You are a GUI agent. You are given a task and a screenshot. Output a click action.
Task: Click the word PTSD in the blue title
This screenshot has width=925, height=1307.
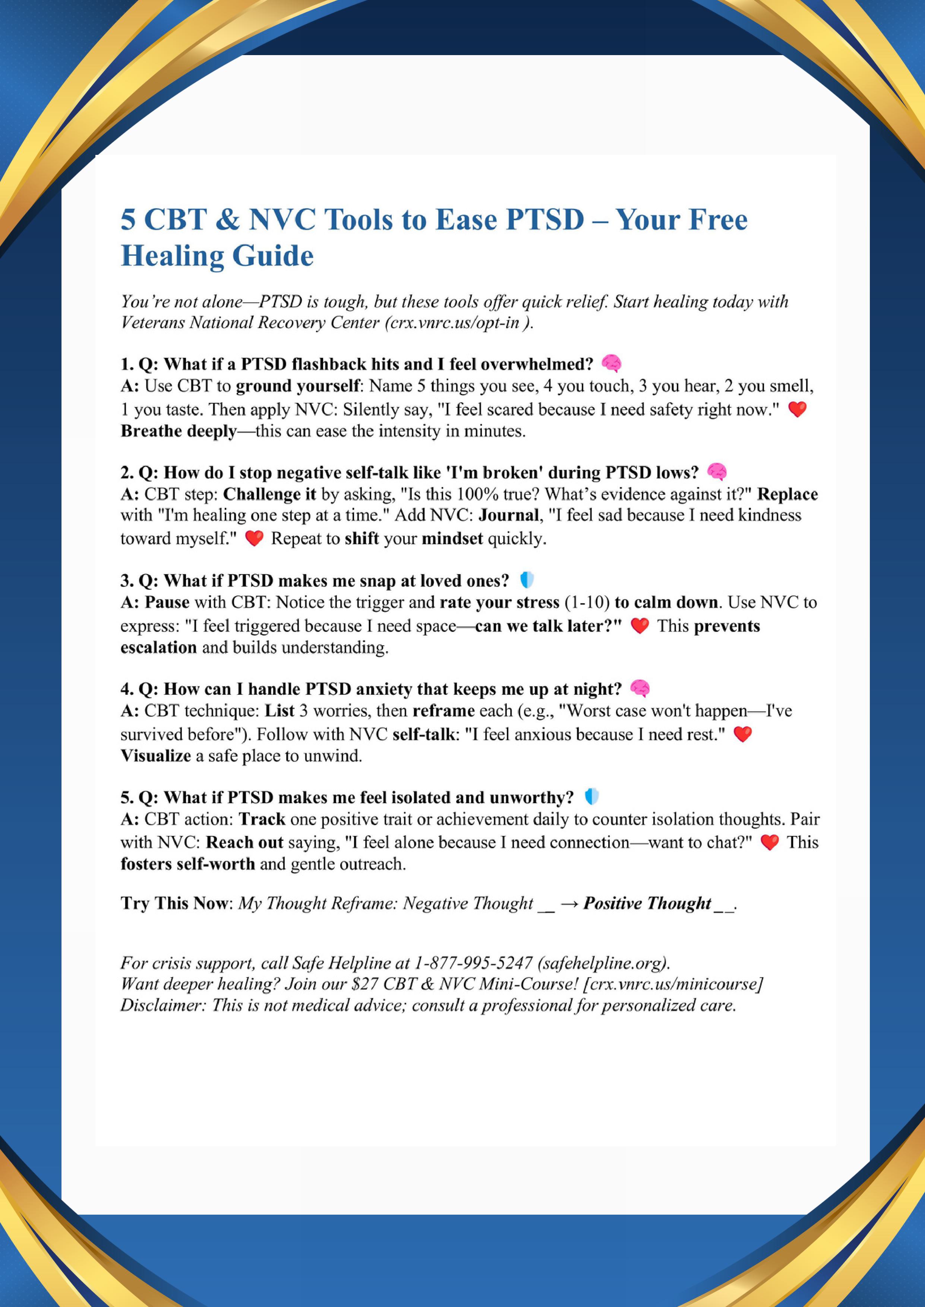coord(544,220)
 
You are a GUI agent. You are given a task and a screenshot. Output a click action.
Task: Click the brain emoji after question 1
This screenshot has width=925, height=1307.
coord(611,363)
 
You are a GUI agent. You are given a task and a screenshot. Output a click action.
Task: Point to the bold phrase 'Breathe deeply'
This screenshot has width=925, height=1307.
coord(178,431)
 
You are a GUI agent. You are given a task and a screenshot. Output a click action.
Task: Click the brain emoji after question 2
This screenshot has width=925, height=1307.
coord(717,472)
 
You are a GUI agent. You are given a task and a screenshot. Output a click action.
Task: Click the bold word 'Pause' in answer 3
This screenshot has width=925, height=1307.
coord(167,602)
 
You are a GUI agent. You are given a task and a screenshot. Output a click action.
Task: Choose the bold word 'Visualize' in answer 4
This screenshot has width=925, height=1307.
coord(155,756)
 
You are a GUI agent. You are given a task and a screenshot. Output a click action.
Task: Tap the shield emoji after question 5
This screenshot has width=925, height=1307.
coord(592,797)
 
